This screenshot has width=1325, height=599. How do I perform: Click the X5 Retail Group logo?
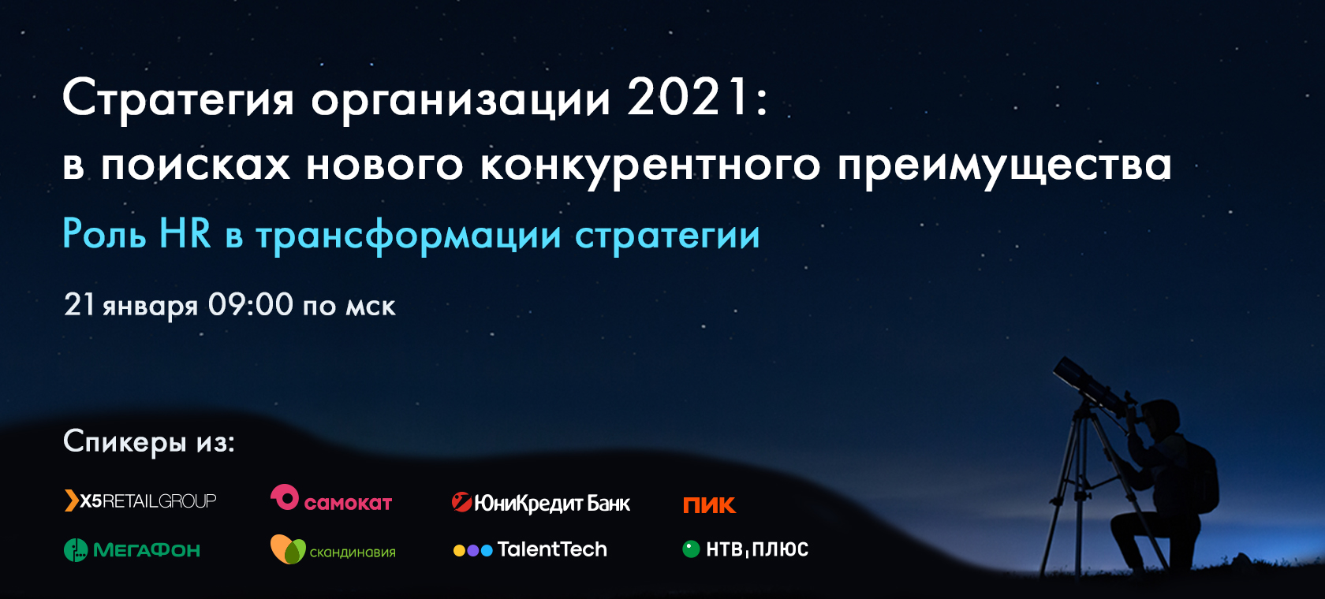[140, 500]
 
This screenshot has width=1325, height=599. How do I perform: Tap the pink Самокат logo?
[331, 498]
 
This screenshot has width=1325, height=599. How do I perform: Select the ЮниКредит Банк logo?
[541, 503]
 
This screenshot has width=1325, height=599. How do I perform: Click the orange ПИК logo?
[709, 505]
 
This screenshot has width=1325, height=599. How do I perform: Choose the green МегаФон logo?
[132, 550]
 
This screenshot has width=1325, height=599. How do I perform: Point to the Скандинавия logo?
[333, 549]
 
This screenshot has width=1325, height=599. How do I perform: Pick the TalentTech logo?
[530, 549]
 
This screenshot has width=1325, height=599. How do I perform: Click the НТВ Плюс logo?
[745, 549]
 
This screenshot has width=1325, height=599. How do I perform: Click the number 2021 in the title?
[689, 99]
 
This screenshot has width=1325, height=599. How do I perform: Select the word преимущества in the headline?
[1005, 166]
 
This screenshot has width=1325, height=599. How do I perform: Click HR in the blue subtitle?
[185, 233]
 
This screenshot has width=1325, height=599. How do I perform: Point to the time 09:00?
[250, 304]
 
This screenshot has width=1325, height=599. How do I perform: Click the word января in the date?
[150, 307]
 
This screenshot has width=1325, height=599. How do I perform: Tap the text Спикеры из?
[149, 441]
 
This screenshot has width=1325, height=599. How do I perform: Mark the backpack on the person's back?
[1200, 476]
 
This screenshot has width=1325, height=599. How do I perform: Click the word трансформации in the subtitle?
[409, 236]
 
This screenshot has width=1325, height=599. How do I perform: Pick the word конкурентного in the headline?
[650, 166]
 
